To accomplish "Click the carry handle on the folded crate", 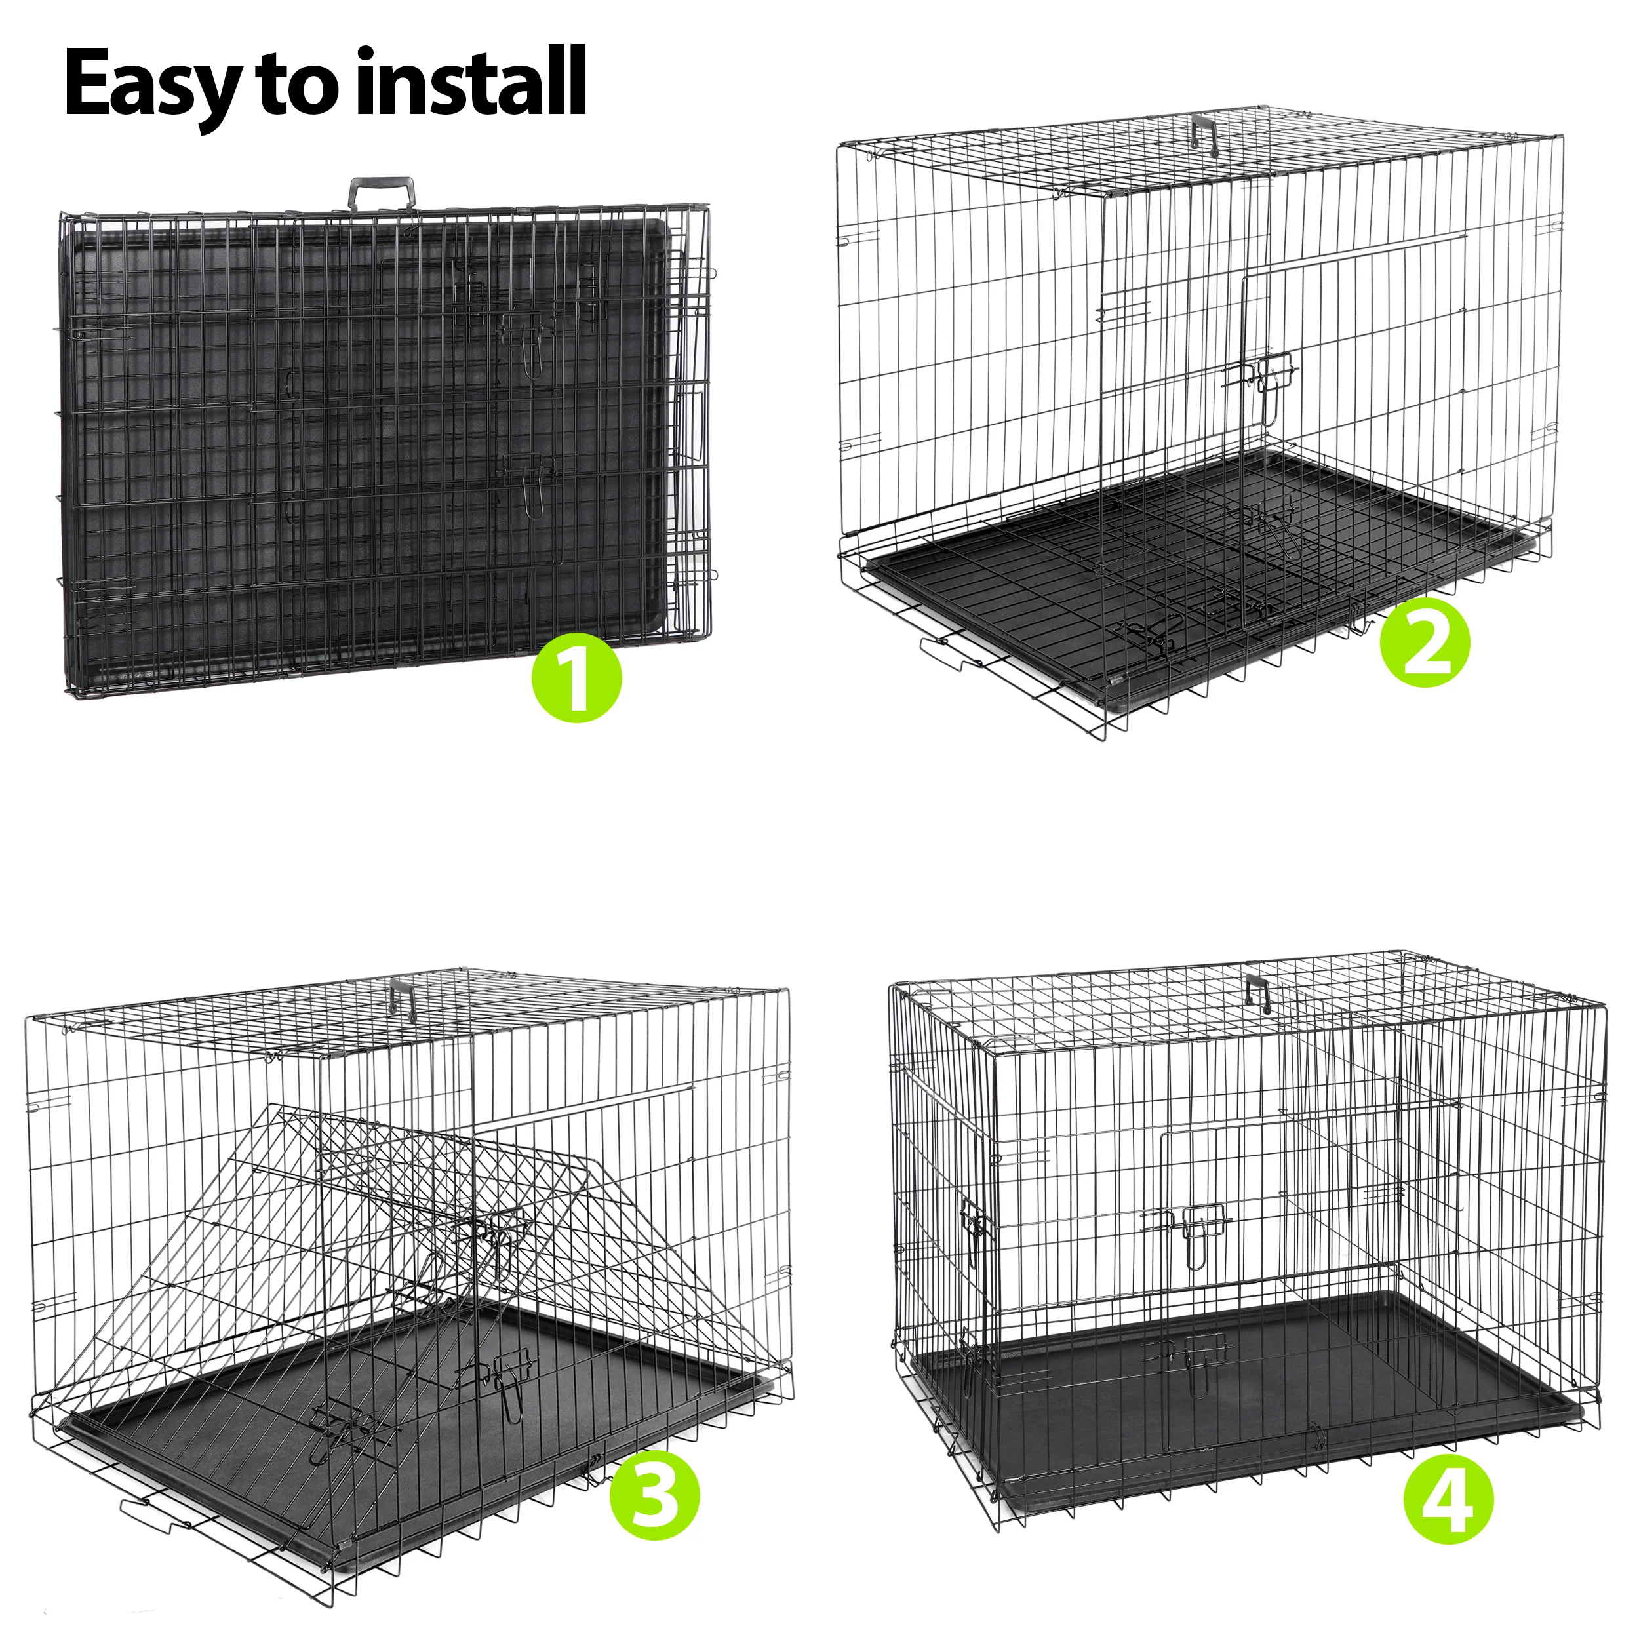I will (384, 193).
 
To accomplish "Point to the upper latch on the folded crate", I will (528, 340).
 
